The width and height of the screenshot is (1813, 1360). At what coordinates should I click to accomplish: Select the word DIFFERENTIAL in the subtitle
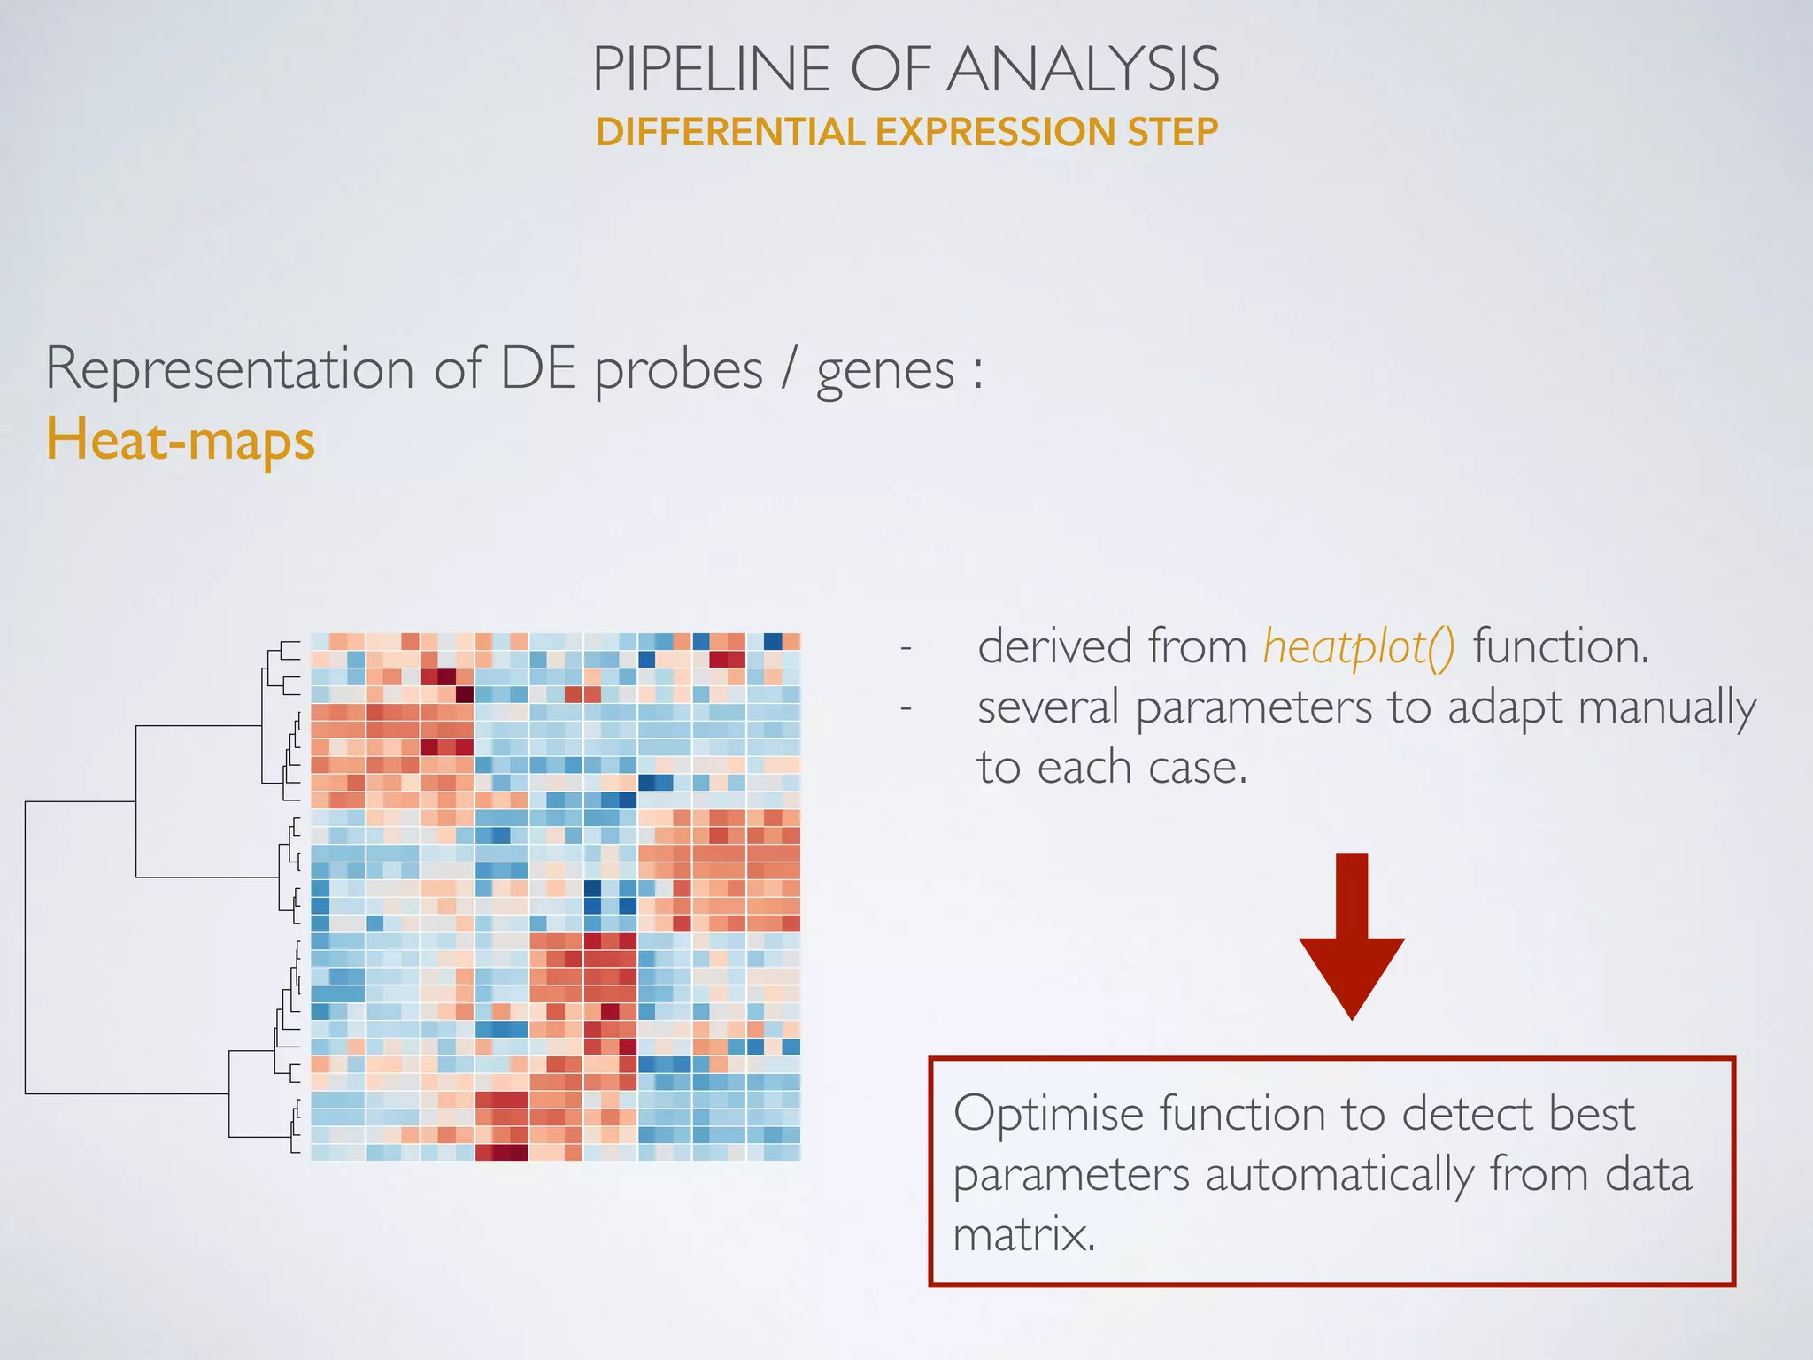[729, 132]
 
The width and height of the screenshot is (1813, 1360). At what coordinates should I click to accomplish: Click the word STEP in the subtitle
[1172, 132]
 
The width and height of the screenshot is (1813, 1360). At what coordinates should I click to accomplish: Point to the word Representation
[229, 369]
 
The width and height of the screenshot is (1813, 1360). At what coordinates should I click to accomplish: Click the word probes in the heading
[678, 369]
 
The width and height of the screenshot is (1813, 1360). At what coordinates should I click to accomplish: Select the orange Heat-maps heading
[181, 440]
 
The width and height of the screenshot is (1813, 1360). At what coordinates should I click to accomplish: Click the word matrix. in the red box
[1024, 1234]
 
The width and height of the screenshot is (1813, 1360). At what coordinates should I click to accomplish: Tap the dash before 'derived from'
[906, 648]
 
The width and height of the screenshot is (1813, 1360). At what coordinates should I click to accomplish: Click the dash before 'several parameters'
[906, 708]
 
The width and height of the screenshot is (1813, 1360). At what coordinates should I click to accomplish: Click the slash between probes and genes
[788, 369]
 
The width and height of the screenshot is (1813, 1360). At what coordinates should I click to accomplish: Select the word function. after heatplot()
[1562, 645]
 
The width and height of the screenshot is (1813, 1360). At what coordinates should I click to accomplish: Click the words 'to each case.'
[1112, 767]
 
